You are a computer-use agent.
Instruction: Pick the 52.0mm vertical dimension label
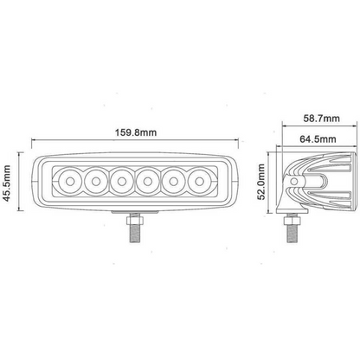click(x=263, y=183)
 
